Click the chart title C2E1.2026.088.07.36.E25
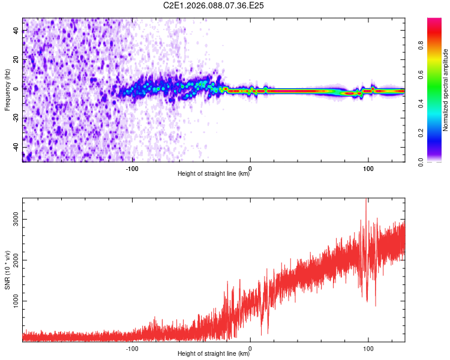tap(214, 5)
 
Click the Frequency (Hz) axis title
tap(7, 90)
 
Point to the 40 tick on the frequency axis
tap(16, 32)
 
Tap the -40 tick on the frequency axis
tap(16, 147)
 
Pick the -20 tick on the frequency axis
tap(16, 118)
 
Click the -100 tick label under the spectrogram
tap(132, 168)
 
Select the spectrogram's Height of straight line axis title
tap(214, 175)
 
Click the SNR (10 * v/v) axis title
tap(7, 270)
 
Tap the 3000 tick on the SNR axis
tap(16, 220)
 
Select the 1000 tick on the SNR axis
tap(16, 301)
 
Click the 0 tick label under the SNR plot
tap(250, 348)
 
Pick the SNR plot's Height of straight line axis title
tap(214, 354)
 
